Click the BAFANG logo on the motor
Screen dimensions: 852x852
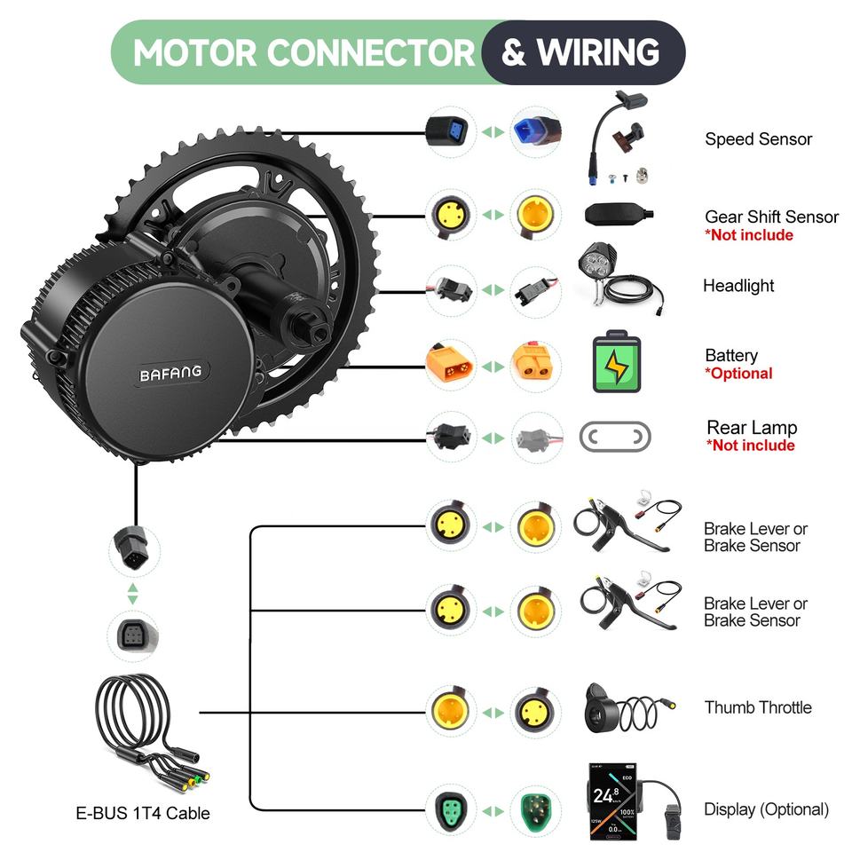pyautogui.click(x=170, y=374)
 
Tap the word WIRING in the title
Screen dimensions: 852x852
pyautogui.click(x=598, y=52)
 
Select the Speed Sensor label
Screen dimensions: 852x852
pyautogui.click(x=758, y=139)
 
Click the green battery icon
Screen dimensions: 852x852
pyautogui.click(x=615, y=363)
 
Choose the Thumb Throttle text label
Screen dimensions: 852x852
pyautogui.click(x=758, y=707)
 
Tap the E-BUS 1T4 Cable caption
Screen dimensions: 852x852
pyautogui.click(x=142, y=813)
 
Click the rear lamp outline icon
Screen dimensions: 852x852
pyautogui.click(x=615, y=437)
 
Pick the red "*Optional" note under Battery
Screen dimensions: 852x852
pyautogui.click(x=738, y=374)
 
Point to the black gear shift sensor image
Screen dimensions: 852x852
pyautogui.click(x=619, y=214)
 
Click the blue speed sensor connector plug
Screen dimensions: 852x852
pyautogui.click(x=532, y=134)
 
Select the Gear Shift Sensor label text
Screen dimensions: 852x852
pyautogui.click(x=771, y=217)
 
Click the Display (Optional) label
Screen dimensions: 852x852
pyautogui.click(x=766, y=809)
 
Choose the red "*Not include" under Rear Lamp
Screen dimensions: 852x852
pyautogui.click(x=750, y=446)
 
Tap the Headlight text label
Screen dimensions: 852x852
pyautogui.click(x=738, y=286)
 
